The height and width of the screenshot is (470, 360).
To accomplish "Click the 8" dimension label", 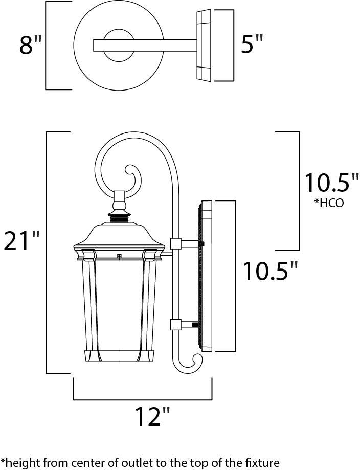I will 30,45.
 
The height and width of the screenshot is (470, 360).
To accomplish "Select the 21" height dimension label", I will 22,241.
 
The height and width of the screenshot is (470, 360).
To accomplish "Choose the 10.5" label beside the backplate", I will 269,271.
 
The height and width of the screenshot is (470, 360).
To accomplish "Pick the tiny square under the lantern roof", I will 119,256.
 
